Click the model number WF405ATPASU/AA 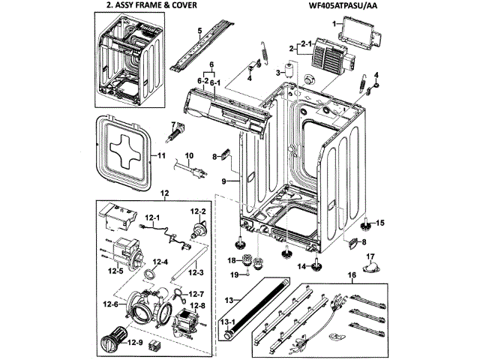tap(342, 5)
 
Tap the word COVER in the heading tap(184, 5)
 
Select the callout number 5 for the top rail tap(199, 31)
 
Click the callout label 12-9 tap(135, 343)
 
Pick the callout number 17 tap(370, 256)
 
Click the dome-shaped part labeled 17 tap(370, 267)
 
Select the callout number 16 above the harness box tap(352, 275)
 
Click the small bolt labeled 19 tap(247, 272)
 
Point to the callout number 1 tap(334, 23)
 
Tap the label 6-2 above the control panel tap(202, 81)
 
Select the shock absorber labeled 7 tap(175, 133)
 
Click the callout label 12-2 tap(198, 211)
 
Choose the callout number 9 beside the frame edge tap(223, 181)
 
